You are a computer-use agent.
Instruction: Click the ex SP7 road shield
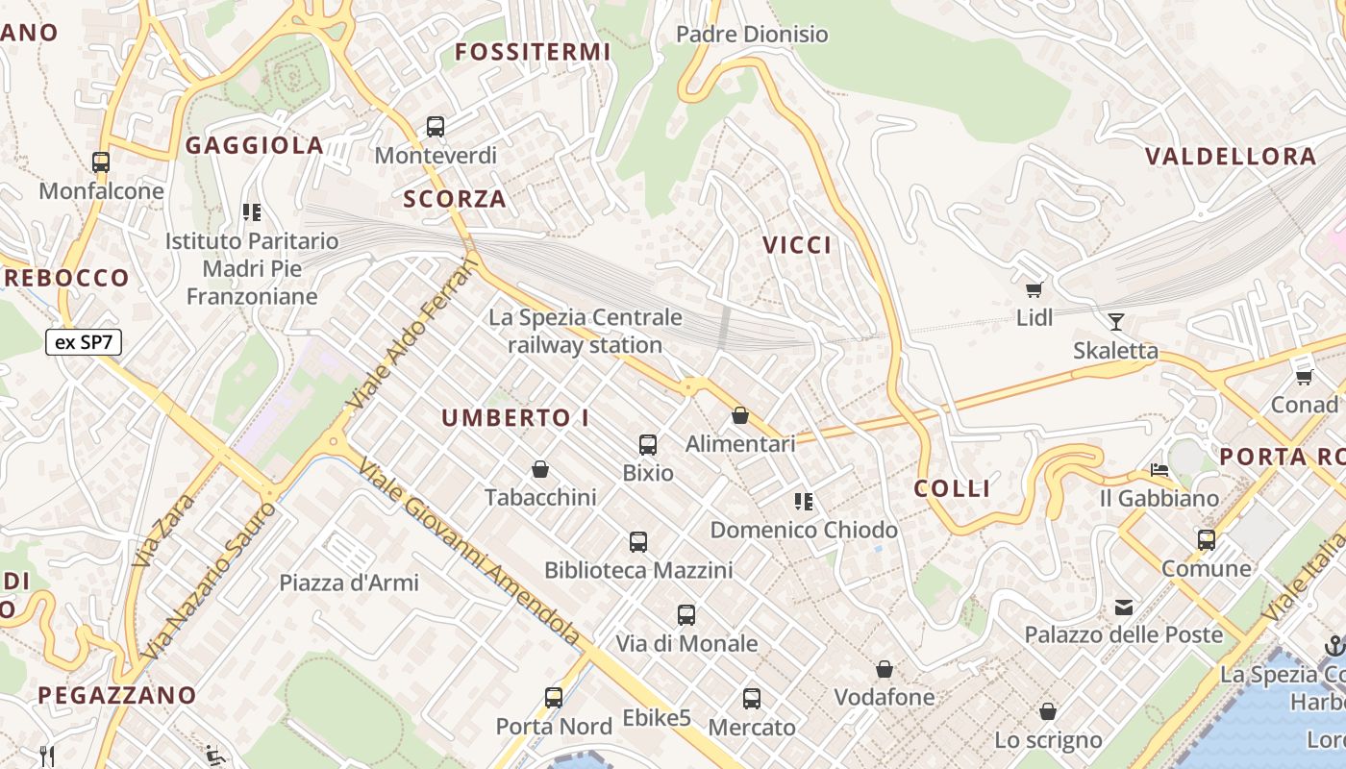coord(84,342)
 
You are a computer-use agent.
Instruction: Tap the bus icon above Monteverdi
coord(436,126)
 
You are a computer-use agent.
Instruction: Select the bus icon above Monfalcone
coord(101,162)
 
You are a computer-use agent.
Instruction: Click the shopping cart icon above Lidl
coord(1034,289)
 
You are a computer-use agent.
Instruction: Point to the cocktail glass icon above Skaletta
coord(1116,321)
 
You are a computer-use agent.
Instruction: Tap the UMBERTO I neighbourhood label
coord(515,418)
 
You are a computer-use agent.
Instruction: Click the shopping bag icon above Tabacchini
coord(540,469)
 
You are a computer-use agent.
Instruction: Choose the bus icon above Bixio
coord(648,444)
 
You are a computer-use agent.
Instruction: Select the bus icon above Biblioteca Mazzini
coord(638,542)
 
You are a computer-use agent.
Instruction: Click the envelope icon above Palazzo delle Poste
coord(1123,607)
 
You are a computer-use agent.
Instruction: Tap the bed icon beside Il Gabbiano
coord(1159,470)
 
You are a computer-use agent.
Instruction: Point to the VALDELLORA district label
coord(1231,157)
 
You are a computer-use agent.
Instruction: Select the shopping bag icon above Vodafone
coord(885,669)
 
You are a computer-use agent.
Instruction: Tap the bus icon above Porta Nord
coord(554,698)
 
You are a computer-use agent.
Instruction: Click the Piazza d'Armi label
coord(349,583)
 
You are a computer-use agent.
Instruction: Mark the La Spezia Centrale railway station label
coord(586,331)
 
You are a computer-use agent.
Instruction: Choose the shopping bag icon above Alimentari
coord(740,415)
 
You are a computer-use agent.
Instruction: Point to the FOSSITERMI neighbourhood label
coord(533,52)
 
